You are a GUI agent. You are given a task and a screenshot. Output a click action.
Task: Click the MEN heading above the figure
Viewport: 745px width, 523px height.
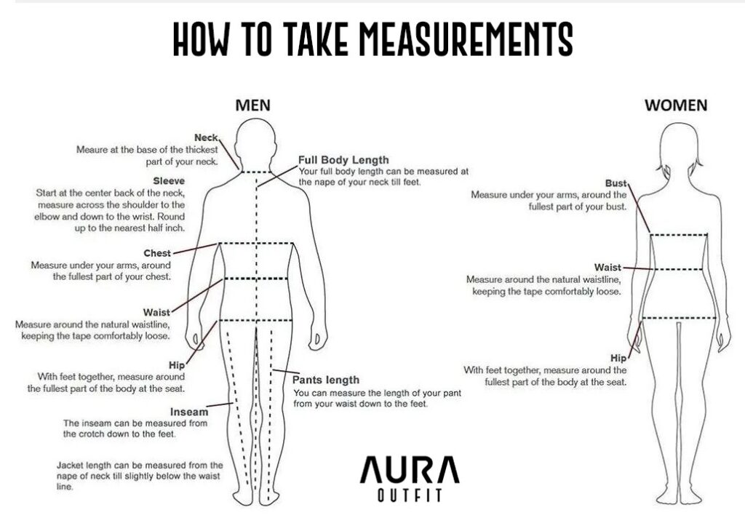tap(252, 105)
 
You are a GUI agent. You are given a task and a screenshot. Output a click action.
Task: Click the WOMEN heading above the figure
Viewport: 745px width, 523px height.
tap(676, 105)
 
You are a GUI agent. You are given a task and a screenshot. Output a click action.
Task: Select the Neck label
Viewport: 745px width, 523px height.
tap(206, 137)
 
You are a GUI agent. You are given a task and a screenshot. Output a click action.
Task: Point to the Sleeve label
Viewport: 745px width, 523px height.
tap(169, 181)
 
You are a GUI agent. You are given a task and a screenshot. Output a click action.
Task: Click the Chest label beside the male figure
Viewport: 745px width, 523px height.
tap(157, 253)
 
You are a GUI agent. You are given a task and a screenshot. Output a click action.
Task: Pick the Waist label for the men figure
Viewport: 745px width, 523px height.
tap(156, 312)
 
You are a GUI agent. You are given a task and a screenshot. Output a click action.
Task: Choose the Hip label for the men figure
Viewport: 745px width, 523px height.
tap(176, 365)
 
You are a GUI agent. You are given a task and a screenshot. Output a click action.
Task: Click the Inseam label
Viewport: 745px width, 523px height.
tap(189, 412)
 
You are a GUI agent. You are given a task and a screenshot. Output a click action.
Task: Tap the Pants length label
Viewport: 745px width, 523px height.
tap(325, 380)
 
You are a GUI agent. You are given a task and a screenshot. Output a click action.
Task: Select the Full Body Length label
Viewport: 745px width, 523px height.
tap(343, 160)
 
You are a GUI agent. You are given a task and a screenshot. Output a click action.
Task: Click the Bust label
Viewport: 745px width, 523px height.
tap(615, 183)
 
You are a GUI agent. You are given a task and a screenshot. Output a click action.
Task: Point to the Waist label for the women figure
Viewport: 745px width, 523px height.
tap(607, 268)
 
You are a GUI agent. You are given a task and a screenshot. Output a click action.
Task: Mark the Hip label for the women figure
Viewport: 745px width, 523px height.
tap(618, 358)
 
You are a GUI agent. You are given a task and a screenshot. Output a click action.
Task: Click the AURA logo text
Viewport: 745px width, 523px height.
tap(410, 470)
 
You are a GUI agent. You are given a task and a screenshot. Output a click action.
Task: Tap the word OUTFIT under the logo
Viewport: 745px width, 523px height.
tap(410, 495)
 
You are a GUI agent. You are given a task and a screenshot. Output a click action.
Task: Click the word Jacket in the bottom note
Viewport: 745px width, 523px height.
tap(71, 465)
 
